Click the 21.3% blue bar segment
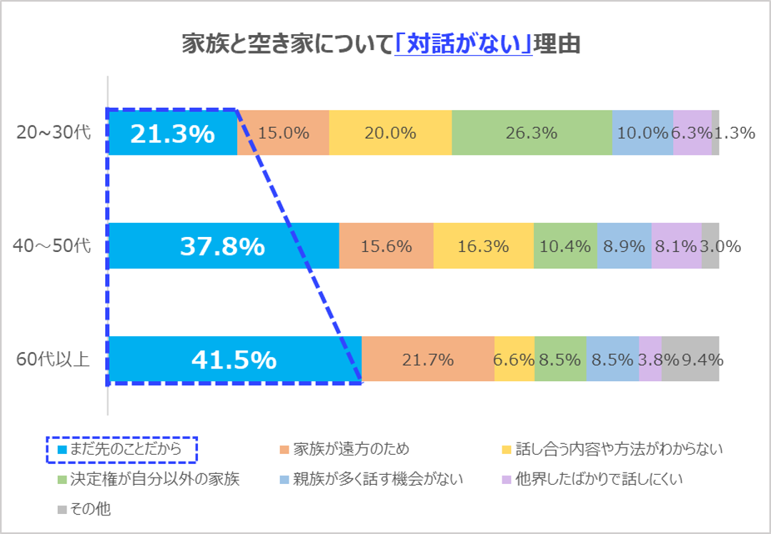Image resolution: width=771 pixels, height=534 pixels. (x=172, y=133)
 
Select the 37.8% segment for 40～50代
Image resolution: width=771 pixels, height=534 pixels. (x=223, y=246)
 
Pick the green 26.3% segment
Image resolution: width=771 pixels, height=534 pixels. (x=532, y=133)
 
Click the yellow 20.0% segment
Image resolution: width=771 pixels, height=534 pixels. (x=390, y=133)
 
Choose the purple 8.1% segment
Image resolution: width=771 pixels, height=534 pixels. (x=676, y=246)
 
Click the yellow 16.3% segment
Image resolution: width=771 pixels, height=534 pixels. (x=484, y=246)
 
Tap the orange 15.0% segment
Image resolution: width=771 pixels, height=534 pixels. (x=283, y=133)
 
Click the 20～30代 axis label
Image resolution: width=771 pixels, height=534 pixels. (x=54, y=133)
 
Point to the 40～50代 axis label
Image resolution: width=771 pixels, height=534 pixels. (x=54, y=246)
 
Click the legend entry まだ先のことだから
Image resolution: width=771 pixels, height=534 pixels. (x=122, y=450)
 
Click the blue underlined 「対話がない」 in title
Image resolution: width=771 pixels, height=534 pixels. (x=463, y=44)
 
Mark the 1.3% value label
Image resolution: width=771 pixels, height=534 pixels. (x=736, y=133)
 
